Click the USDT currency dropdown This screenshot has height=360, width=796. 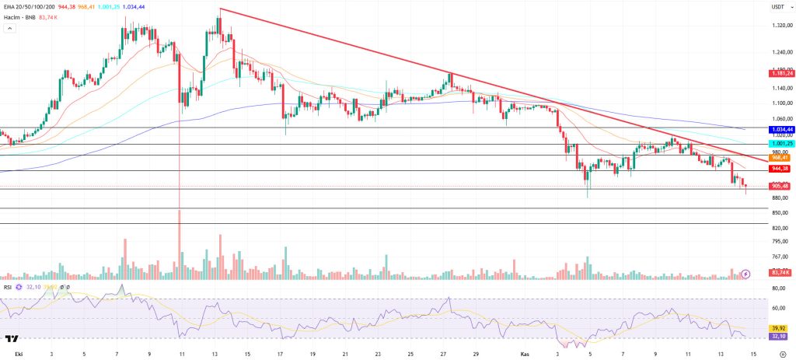(777, 6)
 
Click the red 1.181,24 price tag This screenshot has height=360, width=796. (780, 73)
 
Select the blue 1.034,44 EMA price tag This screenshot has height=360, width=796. (780, 129)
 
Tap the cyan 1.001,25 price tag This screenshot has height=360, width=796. (780, 144)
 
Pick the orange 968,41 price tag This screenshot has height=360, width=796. (780, 157)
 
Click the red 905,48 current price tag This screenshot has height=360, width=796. (780, 186)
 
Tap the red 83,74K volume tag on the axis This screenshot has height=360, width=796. (780, 272)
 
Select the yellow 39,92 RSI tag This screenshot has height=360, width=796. (779, 328)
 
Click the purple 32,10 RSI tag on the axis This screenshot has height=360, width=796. (779, 337)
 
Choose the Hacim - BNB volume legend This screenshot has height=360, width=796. (23, 16)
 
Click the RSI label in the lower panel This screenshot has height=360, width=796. (9, 286)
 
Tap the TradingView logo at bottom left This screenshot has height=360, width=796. (12, 339)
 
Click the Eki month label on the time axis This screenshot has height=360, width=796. (9, 353)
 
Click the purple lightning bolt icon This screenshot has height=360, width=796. (745, 274)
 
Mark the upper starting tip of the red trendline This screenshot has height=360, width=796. (220, 9)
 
